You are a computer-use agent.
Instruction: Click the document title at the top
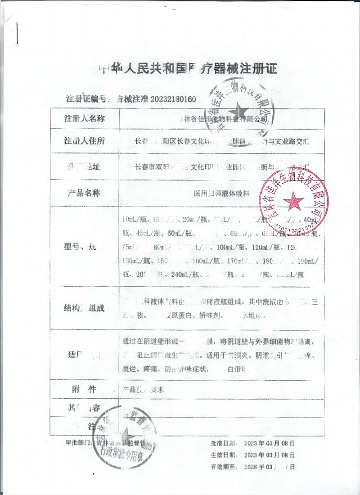188,68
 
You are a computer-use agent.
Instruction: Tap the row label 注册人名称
85,119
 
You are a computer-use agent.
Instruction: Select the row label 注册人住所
85,141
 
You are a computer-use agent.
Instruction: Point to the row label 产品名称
85,193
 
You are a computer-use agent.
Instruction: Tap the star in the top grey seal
237,112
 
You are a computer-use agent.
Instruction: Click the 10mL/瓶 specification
133,220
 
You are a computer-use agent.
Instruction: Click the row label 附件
85,389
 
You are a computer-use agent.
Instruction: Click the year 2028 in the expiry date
252,467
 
